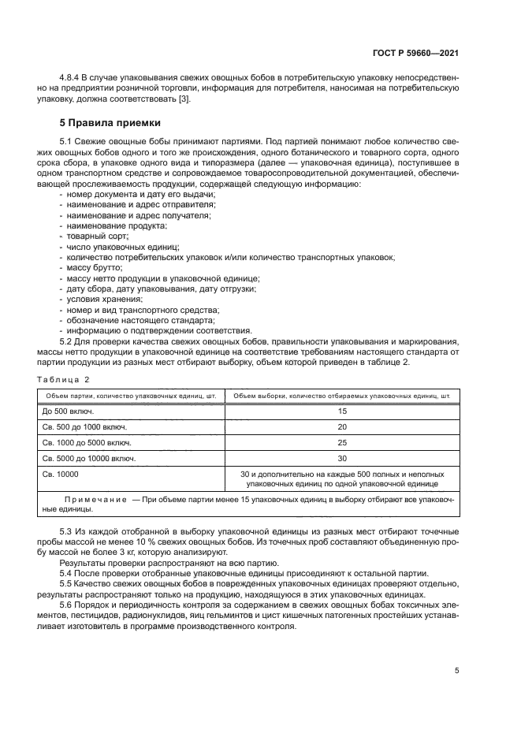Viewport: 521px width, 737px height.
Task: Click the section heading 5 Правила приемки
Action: pos(110,123)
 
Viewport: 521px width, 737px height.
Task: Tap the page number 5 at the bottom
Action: pos(457,671)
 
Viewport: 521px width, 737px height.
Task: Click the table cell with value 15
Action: pos(341,411)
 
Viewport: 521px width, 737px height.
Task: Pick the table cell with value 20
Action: pos(341,426)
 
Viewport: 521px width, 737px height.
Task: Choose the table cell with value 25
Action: pos(341,442)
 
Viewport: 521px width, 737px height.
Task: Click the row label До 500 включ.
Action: pos(68,411)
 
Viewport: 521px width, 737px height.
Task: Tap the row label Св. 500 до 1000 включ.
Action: pos(84,426)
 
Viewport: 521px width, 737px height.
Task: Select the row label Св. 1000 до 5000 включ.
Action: pos(87,442)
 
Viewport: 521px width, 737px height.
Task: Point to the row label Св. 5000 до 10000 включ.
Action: pos(89,458)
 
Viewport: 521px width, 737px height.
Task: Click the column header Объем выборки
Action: pos(341,395)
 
